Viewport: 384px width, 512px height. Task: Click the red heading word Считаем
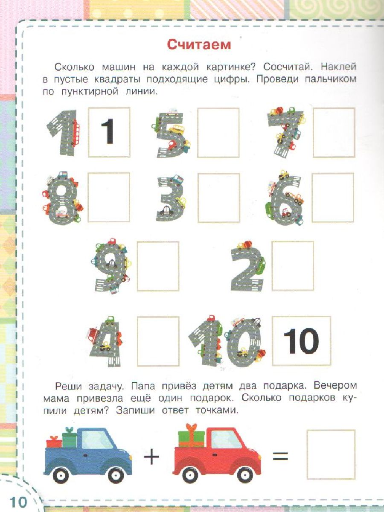click(199, 45)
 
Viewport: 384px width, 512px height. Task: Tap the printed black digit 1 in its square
click(108, 131)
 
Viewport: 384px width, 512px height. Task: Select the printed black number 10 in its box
click(301, 341)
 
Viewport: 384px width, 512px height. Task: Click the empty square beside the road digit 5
click(218, 133)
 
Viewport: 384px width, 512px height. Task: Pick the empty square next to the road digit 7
click(334, 133)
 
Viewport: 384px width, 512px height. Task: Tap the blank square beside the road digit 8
click(109, 198)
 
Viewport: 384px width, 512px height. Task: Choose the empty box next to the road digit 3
click(219, 198)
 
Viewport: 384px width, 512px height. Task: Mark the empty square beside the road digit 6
click(333, 198)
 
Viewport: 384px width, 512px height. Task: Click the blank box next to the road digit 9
click(158, 266)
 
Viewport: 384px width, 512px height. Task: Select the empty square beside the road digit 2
click(293, 266)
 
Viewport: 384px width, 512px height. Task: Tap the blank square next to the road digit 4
click(158, 341)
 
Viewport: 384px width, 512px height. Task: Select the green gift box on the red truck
click(191, 437)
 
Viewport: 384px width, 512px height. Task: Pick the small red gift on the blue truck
click(54, 441)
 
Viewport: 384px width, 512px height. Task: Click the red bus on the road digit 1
click(76, 133)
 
